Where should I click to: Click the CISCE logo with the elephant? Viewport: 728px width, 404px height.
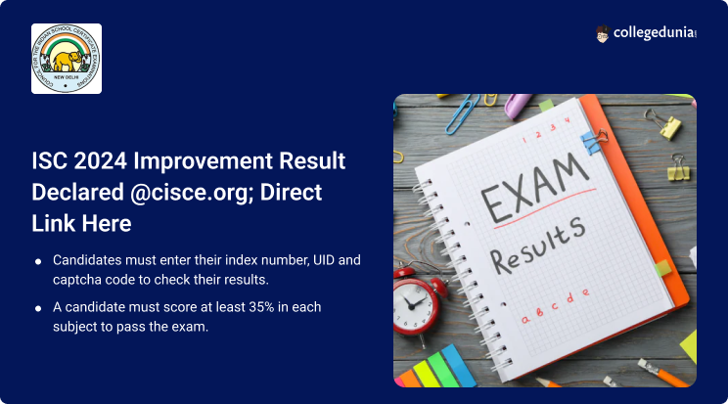pyautogui.click(x=67, y=59)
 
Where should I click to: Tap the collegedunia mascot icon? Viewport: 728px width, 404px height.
pyautogui.click(x=602, y=34)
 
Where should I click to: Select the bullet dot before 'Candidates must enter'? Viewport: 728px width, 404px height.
pyautogui.click(x=37, y=262)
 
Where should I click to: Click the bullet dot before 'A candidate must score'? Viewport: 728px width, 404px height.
pyautogui.click(x=37, y=308)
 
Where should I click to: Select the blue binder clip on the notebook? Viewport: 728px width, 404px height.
pyautogui.click(x=592, y=141)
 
